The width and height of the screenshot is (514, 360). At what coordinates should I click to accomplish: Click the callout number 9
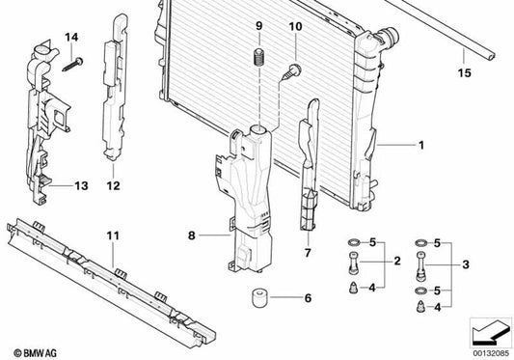[258, 24]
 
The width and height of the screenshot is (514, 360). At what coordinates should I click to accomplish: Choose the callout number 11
[113, 235]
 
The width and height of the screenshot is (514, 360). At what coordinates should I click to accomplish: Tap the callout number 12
[113, 185]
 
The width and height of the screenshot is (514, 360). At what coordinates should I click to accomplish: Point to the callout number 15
[465, 72]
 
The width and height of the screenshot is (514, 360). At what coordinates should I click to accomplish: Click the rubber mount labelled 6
[257, 297]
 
